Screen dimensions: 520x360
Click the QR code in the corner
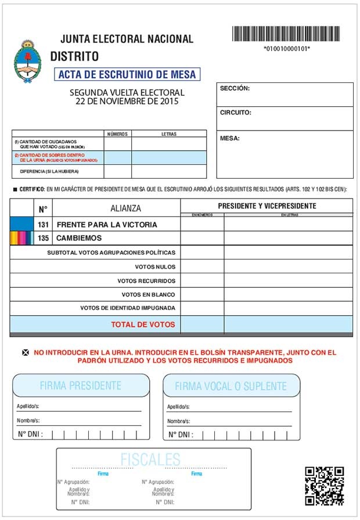pos(325,486)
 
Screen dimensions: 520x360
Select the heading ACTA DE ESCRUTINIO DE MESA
pos(127,74)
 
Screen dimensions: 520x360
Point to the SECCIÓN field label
pos(235,88)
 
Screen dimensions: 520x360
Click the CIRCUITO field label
pos(235,113)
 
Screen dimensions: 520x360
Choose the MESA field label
pos(230,139)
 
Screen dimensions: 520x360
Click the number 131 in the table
pos(44,225)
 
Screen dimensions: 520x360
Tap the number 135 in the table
pos(44,238)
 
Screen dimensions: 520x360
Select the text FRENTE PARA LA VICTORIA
pos(107,225)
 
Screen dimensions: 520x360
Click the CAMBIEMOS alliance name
pos(79,238)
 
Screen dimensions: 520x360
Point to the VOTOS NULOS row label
pos(154,267)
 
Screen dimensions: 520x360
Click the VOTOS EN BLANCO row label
pos(148,294)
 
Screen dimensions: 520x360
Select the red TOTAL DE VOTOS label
pos(143,324)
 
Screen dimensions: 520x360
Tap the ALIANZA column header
pos(125,208)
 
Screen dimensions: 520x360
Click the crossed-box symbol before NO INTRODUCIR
pos(25,352)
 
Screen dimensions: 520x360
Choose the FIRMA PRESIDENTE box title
pos(81,385)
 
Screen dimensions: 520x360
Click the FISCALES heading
pos(150,460)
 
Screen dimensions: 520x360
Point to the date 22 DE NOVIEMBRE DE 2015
pos(127,101)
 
